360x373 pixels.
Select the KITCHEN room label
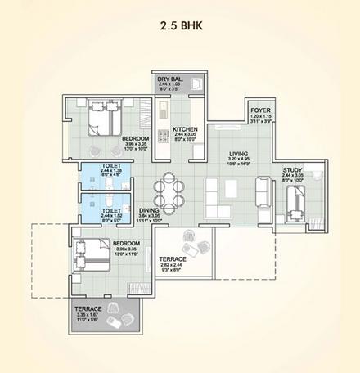(x=186, y=131)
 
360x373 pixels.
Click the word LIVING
(x=238, y=153)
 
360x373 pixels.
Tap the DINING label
(x=148, y=210)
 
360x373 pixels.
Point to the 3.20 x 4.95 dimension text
(x=238, y=159)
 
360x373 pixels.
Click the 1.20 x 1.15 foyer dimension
(x=259, y=119)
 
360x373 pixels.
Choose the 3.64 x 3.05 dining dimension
(x=148, y=216)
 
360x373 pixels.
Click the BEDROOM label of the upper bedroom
(x=135, y=140)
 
